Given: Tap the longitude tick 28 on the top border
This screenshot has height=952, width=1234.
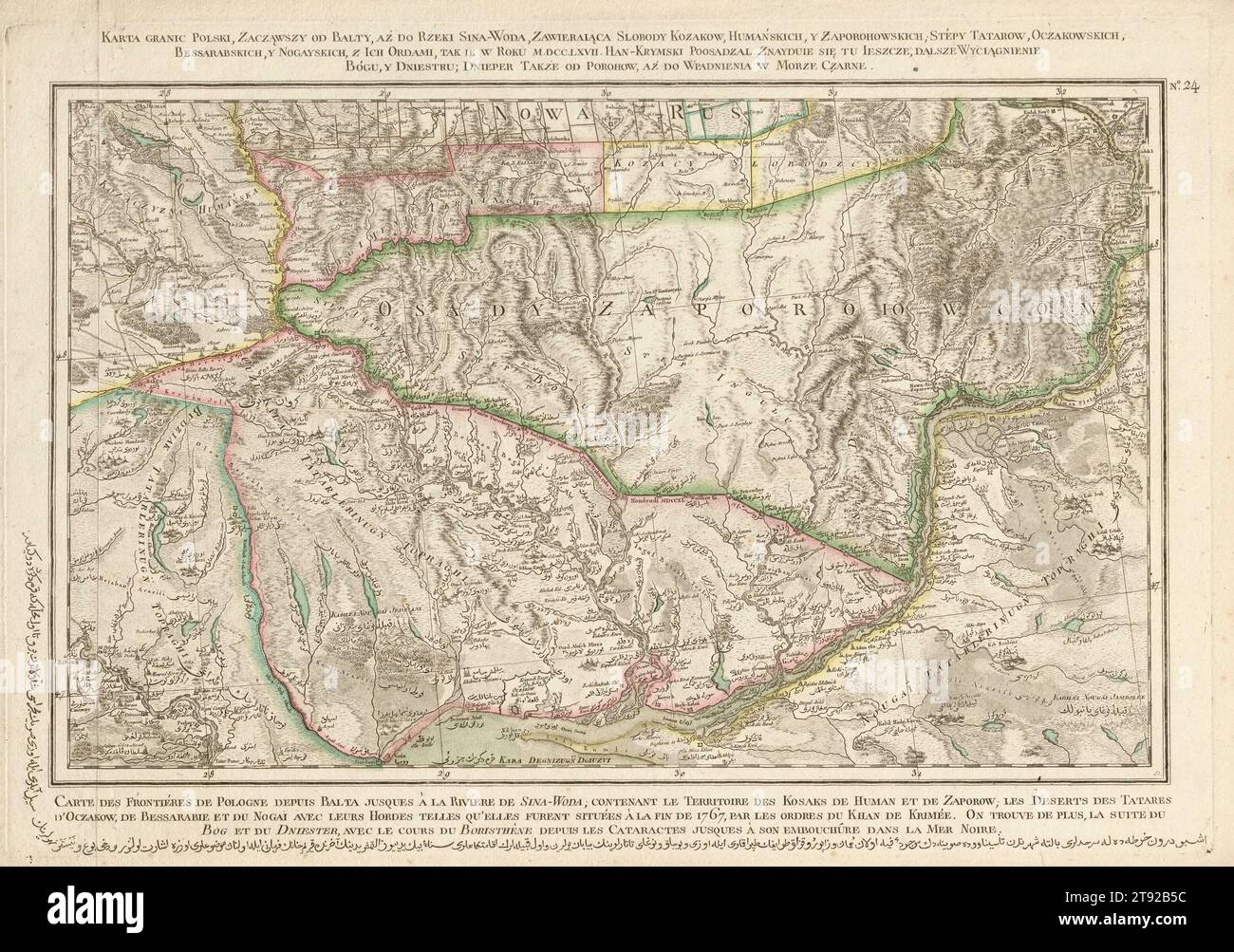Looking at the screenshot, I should pyautogui.click(x=166, y=93).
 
